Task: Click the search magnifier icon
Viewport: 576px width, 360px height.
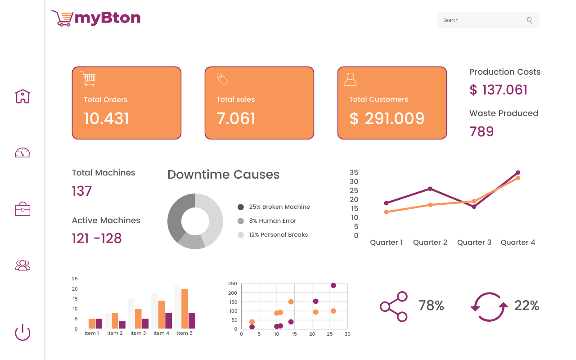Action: (529, 20)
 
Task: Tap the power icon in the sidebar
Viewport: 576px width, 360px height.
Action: (22, 332)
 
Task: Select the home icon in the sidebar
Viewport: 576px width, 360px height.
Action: (22, 96)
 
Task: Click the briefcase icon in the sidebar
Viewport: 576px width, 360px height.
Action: (22, 209)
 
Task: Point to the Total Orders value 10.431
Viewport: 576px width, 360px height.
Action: (106, 118)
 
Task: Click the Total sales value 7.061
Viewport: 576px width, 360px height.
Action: (236, 118)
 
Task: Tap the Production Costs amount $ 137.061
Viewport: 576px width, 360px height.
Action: (498, 90)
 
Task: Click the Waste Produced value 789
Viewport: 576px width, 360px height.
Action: (481, 132)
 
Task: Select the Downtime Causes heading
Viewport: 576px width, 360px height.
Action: (224, 175)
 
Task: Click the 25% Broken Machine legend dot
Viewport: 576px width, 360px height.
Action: (241, 207)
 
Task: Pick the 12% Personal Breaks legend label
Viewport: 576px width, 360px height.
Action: (278, 235)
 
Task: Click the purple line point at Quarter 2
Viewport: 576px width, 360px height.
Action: (430, 189)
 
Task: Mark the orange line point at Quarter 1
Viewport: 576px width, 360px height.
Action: (386, 212)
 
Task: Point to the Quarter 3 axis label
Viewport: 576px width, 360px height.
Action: (474, 242)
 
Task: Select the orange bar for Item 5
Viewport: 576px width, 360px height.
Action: (184, 309)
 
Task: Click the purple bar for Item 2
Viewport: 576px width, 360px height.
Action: (122, 324)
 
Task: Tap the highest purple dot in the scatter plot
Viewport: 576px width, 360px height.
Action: (333, 285)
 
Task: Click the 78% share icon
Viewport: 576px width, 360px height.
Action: (394, 306)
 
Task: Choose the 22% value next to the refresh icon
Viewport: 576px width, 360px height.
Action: (526, 306)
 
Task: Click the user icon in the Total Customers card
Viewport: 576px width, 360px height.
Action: (350, 79)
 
